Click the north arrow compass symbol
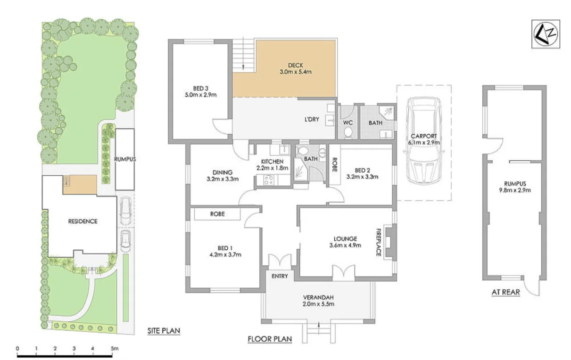[546, 34]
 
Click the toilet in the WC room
[348, 132]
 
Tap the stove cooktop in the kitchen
[268, 180]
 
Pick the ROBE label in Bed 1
[217, 214]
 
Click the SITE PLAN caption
[164, 331]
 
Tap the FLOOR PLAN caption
[270, 339]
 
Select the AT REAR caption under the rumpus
[505, 292]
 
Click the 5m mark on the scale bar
[114, 349]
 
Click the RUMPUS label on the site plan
[125, 159]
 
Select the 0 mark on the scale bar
[17, 349]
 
